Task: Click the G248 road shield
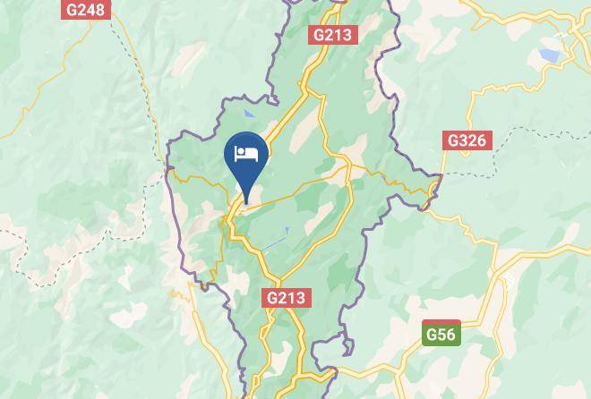(x=85, y=10)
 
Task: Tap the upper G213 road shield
(x=333, y=35)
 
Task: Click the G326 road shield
(x=467, y=140)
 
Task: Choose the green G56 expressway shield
(x=441, y=334)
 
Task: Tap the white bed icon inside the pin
(x=245, y=153)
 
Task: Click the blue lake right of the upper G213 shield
(x=548, y=56)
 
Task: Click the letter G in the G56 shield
(x=431, y=335)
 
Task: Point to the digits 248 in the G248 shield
(x=90, y=10)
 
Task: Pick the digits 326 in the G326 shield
(x=472, y=140)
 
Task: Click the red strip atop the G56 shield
(x=441, y=323)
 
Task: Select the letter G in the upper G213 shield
(x=318, y=35)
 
